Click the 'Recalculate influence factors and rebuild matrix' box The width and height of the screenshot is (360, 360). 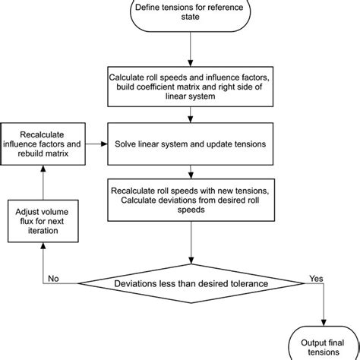tap(43, 142)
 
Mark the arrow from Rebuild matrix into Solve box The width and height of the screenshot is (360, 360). tap(96, 142)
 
